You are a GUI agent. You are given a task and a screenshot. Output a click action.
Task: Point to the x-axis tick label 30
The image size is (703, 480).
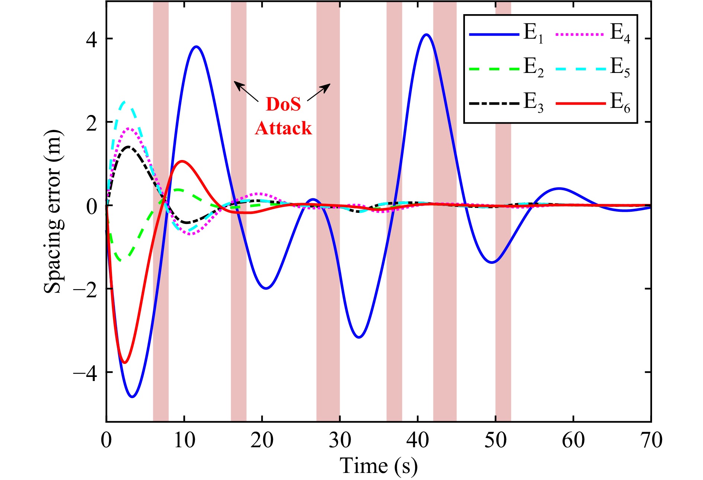tap(340, 440)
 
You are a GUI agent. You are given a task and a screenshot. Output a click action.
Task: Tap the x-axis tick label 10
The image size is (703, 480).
tap(184, 440)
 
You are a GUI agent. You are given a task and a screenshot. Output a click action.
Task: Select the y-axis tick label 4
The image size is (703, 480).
tap(91, 39)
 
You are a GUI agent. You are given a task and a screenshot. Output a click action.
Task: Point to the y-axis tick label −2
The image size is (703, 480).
tap(85, 289)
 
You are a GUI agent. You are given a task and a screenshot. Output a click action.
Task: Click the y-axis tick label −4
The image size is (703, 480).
tap(85, 372)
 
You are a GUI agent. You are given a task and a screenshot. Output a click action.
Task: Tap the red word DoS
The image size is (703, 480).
tap(283, 104)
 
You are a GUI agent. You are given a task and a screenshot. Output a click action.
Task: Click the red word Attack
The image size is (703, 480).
tap(283, 128)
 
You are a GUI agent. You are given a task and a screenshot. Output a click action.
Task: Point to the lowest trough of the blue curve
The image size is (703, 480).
tap(132, 397)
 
